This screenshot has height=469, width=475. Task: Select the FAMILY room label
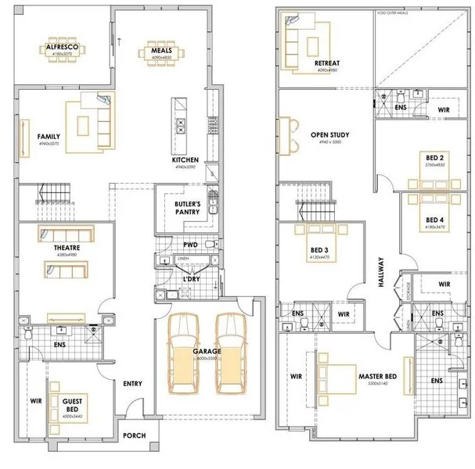(49, 136)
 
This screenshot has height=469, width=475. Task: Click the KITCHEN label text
(185, 160)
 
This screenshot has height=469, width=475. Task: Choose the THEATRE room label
(67, 247)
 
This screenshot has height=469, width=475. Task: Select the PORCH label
(135, 436)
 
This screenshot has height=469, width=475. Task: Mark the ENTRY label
(132, 383)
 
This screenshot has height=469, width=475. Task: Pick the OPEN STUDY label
(329, 134)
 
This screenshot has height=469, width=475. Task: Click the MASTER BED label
(377, 376)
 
